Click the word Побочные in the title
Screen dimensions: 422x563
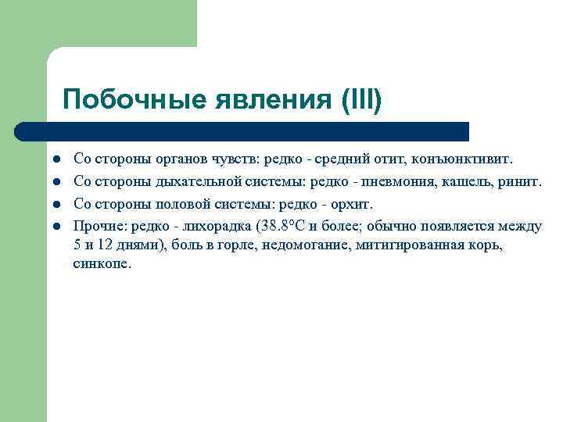click(127, 100)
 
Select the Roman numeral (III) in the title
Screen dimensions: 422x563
click(361, 100)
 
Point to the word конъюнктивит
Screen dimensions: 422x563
click(461, 159)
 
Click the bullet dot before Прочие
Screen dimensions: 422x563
click(57, 227)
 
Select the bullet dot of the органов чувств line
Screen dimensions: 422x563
click(57, 160)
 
